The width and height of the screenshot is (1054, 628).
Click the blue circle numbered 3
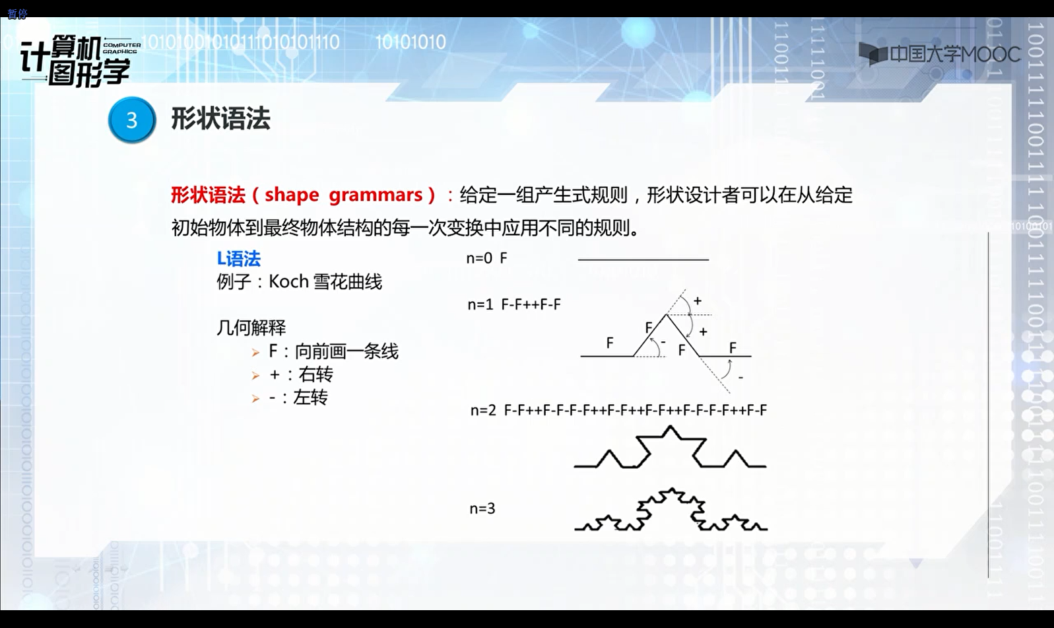[132, 120]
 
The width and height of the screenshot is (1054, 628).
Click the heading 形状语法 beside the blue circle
[220, 119]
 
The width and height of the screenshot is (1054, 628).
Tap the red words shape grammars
[343, 195]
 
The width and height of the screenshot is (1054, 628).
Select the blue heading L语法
[238, 258]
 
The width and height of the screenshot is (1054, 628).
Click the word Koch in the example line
[288, 281]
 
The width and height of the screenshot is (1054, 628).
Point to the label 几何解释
[251, 327]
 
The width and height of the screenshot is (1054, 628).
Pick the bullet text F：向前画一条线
[333, 351]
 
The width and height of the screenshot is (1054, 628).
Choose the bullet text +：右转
[301, 374]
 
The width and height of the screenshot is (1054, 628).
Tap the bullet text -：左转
[298, 398]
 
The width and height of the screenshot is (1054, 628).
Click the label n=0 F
[486, 258]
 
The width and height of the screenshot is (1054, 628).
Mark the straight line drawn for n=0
[643, 260]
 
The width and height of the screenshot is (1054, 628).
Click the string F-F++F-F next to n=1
[531, 304]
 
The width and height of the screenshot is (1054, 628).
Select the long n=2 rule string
[635, 410]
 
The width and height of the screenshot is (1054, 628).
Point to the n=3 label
[482, 508]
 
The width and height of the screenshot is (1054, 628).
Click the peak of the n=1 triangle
[667, 314]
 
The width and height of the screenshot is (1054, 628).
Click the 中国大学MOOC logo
[940, 53]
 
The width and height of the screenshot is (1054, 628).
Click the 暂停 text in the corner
[17, 14]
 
